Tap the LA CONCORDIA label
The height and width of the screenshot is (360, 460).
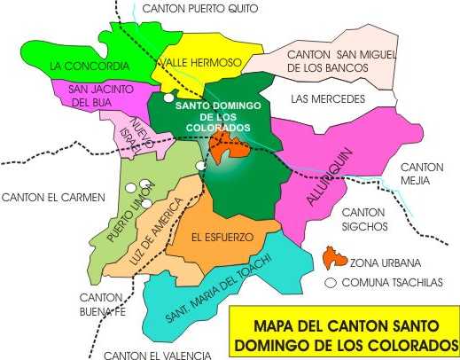(90, 66)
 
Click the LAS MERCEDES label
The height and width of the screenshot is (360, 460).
(327, 98)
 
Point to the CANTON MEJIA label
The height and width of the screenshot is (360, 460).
(422, 174)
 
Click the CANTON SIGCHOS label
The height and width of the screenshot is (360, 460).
(363, 219)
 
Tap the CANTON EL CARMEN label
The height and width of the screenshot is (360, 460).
(53, 197)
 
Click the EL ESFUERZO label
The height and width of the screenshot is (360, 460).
(222, 237)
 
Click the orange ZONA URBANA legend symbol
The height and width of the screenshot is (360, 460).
(334, 259)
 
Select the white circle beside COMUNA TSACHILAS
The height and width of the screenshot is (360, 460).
(331, 284)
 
